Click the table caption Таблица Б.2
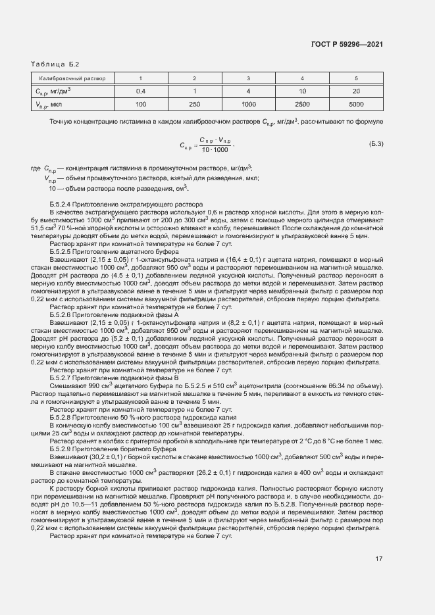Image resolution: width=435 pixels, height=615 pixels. (55, 64)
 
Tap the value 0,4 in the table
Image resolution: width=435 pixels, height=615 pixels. (140, 91)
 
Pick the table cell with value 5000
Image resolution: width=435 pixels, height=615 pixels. (356, 104)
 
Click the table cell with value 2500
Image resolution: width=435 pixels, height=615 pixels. (302, 104)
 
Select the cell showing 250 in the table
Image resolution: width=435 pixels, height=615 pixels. (194, 104)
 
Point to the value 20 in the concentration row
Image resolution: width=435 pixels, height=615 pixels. (356, 91)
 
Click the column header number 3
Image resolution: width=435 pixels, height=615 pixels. (248, 78)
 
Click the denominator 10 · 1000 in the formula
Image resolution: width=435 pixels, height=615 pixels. (215, 151)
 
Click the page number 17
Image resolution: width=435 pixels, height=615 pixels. (378, 559)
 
